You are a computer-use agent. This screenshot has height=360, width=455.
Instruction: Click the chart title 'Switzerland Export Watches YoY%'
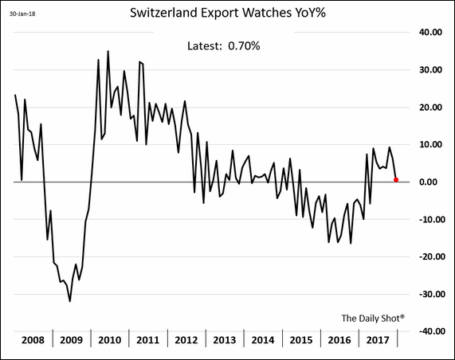pyautogui.click(x=227, y=14)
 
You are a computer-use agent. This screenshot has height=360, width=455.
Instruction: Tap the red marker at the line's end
pyautogui.click(x=396, y=179)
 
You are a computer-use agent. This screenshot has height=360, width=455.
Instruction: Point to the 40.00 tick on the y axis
pyautogui.click(x=430, y=33)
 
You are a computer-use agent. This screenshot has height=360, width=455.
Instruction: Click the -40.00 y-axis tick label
pyautogui.click(x=428, y=331)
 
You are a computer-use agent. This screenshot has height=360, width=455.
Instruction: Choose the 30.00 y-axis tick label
pyautogui.click(x=430, y=70)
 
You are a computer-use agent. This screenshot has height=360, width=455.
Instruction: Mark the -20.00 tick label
pyautogui.click(x=428, y=256)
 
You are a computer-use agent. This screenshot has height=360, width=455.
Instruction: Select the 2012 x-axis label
pyautogui.click(x=186, y=340)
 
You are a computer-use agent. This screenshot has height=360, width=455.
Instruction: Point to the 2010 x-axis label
pyautogui.click(x=110, y=340)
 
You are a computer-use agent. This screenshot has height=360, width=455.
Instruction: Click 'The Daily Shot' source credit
pyautogui.click(x=373, y=317)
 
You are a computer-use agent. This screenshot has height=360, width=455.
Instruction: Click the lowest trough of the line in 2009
pyautogui.click(x=70, y=301)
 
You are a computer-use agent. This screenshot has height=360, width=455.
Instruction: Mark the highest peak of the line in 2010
pyautogui.click(x=108, y=52)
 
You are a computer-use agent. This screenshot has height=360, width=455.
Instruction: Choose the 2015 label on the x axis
pyautogui.click(x=300, y=340)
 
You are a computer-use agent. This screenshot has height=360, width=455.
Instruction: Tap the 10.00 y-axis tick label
pyautogui.click(x=430, y=145)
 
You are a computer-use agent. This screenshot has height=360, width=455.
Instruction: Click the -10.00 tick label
pyautogui.click(x=428, y=219)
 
